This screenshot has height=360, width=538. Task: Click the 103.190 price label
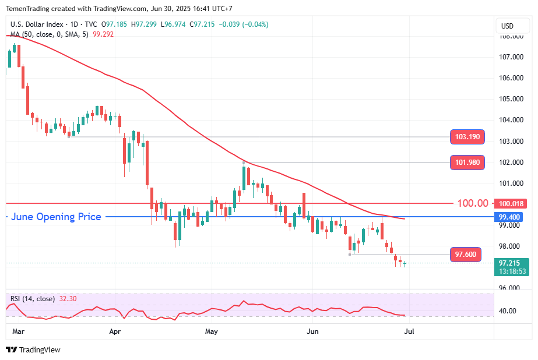pyautogui.click(x=467, y=137)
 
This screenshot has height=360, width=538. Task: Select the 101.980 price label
pyautogui.click(x=467, y=163)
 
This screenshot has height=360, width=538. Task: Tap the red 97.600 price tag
pyautogui.click(x=466, y=255)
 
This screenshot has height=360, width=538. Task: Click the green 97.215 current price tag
pyautogui.click(x=511, y=263)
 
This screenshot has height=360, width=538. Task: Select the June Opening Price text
pyautogui.click(x=57, y=217)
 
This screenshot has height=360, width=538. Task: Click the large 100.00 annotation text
pyautogui.click(x=473, y=203)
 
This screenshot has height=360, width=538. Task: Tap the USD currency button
pyautogui.click(x=507, y=26)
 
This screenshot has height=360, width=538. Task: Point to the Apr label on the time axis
pyautogui.click(x=115, y=331)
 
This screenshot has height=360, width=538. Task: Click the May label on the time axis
pyautogui.click(x=212, y=331)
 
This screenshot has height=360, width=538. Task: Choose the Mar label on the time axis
pyautogui.click(x=18, y=331)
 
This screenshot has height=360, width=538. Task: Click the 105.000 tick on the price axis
pyautogui.click(x=511, y=99)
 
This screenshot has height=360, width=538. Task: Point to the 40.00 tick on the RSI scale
pyautogui.click(x=508, y=311)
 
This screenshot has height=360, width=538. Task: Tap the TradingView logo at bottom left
pyautogui.click(x=33, y=350)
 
